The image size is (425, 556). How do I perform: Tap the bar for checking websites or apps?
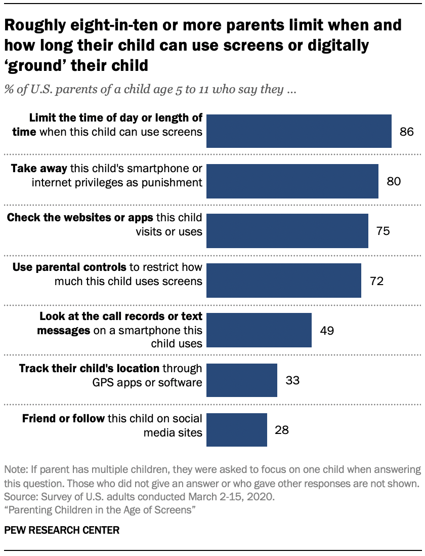(x=288, y=230)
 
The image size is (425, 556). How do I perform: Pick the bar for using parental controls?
(x=284, y=280)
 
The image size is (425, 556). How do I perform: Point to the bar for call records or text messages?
(x=260, y=330)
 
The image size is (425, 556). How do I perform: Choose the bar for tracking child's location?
(x=242, y=380)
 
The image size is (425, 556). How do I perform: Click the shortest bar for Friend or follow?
(x=237, y=429)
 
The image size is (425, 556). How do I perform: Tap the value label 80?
(x=394, y=181)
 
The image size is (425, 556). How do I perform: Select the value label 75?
(x=383, y=230)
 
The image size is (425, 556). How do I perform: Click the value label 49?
(x=326, y=330)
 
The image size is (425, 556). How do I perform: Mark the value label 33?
(x=292, y=380)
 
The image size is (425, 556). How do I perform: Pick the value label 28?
(x=282, y=429)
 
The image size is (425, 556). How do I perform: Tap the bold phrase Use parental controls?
(x=65, y=267)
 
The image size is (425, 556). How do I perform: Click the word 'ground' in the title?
(x=34, y=65)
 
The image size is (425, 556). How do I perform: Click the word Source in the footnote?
(x=18, y=497)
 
